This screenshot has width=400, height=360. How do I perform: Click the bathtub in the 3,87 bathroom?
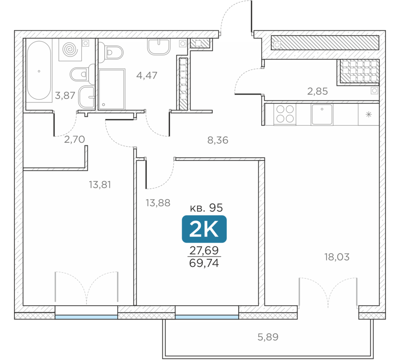(39, 70)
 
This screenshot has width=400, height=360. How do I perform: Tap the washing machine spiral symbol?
(70, 50)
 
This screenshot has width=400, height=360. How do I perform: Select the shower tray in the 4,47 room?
(112, 89)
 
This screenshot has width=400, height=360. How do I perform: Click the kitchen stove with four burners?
(285, 114)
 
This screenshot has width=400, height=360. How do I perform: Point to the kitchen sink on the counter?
(322, 114)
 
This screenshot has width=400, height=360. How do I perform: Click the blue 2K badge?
(204, 229)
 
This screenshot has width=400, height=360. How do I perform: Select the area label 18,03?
(337, 257)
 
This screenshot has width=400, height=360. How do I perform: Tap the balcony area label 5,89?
(268, 337)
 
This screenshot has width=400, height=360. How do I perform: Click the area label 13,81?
(100, 185)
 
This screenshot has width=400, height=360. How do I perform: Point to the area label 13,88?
(158, 203)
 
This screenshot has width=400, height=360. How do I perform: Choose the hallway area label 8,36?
(218, 140)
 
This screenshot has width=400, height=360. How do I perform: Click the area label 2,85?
(317, 91)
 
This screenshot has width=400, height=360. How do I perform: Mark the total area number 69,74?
(204, 263)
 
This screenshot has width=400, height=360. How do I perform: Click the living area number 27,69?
(204, 250)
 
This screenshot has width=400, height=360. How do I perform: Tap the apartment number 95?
(216, 208)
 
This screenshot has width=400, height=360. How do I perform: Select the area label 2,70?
(74, 139)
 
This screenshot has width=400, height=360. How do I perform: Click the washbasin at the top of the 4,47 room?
(159, 47)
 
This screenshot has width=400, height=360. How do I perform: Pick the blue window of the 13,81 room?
(86, 317)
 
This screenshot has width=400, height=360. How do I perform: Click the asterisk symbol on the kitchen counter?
(369, 114)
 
